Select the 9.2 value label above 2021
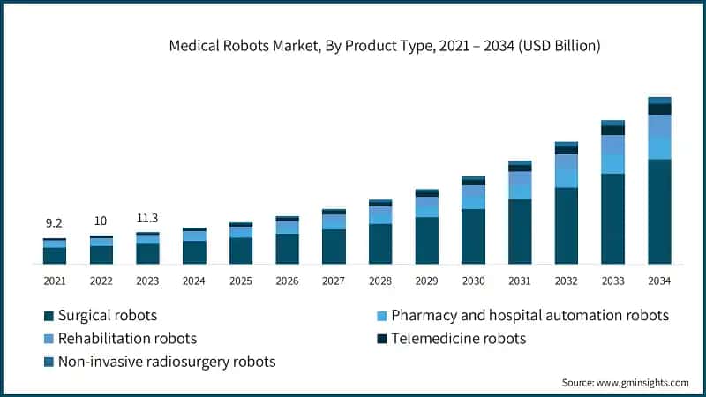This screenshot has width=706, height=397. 54,225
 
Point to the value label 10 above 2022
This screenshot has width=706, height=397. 101,221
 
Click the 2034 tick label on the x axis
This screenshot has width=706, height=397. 659,280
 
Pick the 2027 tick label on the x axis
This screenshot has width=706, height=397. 334,280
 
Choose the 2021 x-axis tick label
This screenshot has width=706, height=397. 54,280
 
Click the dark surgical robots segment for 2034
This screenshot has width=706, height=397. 659,212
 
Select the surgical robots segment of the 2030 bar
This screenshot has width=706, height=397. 473,236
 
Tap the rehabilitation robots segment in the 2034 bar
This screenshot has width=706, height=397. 659,125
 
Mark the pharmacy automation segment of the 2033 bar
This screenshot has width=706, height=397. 612,164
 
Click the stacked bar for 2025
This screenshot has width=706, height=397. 241,244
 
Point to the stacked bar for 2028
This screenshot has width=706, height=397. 380,234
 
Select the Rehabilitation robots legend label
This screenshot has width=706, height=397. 127,339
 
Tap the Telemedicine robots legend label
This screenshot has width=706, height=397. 458,339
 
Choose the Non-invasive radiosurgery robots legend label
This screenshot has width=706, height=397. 167,362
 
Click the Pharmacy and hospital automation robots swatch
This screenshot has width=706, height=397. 380,316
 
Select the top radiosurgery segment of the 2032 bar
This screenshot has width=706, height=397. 566,144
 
